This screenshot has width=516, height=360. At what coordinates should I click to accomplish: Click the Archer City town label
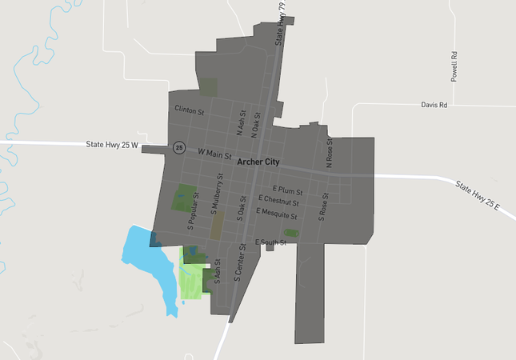259,162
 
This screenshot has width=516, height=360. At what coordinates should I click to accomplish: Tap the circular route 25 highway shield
178,148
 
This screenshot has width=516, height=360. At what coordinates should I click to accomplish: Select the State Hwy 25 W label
113,145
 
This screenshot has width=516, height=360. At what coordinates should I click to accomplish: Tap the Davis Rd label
434,105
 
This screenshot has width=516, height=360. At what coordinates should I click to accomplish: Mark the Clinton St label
190,108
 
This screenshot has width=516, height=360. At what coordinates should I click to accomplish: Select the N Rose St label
329,152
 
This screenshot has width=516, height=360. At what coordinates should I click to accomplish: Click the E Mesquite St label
276,214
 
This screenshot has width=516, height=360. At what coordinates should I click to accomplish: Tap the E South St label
270,242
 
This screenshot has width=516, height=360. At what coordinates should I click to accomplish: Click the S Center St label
238,266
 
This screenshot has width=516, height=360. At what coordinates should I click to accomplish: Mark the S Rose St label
324,205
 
